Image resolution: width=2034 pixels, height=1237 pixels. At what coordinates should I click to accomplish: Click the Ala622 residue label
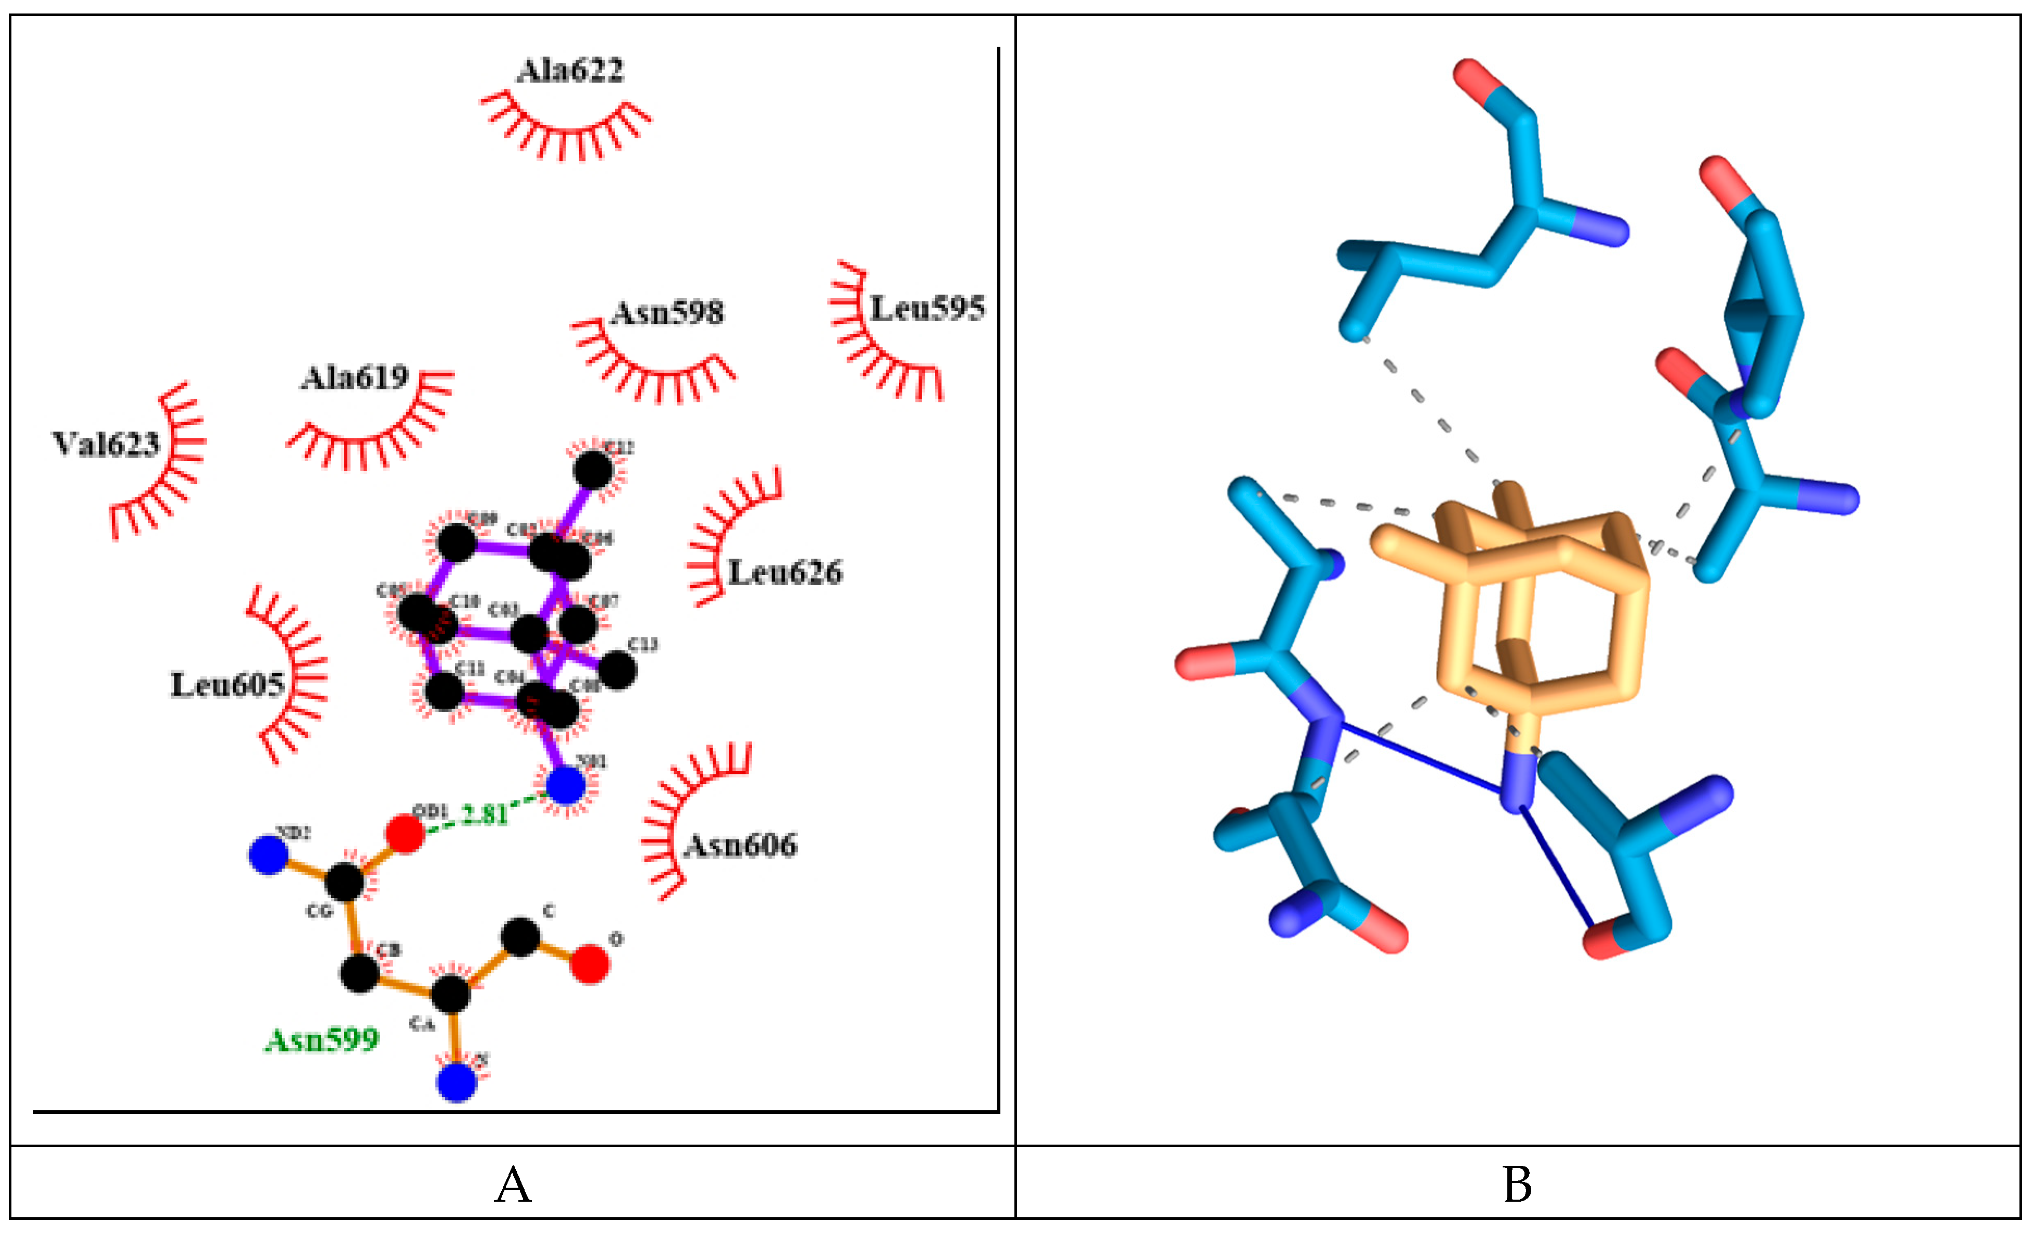click(570, 71)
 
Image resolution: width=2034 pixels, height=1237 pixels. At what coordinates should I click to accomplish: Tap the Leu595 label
click(927, 309)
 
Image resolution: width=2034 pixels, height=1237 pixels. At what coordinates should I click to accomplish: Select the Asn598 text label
click(667, 313)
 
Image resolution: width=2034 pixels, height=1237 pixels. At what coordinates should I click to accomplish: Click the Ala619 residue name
click(354, 378)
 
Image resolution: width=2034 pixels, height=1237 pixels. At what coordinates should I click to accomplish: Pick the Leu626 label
click(785, 573)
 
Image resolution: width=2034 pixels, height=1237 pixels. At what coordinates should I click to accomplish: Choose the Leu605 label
click(227, 685)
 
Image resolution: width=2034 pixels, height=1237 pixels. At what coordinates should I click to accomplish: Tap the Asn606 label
click(741, 845)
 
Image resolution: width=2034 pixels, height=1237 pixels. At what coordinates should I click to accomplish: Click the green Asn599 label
click(322, 1040)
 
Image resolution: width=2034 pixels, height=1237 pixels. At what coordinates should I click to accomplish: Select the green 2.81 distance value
click(485, 814)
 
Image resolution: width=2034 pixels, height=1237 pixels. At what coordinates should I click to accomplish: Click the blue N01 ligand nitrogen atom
click(566, 785)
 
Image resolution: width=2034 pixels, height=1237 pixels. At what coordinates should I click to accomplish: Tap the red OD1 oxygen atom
click(405, 834)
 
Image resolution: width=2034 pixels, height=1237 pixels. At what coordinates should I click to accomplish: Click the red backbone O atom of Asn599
click(590, 964)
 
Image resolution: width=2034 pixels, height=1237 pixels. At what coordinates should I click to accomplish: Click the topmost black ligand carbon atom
click(593, 470)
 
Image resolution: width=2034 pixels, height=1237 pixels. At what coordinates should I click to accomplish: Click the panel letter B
click(1517, 1185)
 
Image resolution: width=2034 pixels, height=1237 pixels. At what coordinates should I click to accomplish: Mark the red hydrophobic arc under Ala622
click(566, 132)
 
